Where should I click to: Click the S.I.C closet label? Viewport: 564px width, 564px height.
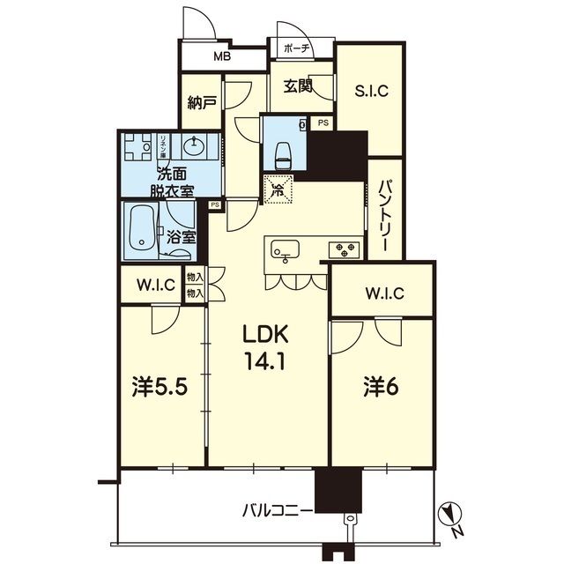tap(372, 90)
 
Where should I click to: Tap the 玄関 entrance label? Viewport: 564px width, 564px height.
tap(298, 85)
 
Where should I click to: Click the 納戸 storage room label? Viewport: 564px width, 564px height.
tap(202, 102)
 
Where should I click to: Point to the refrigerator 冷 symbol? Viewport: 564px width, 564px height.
tap(278, 188)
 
